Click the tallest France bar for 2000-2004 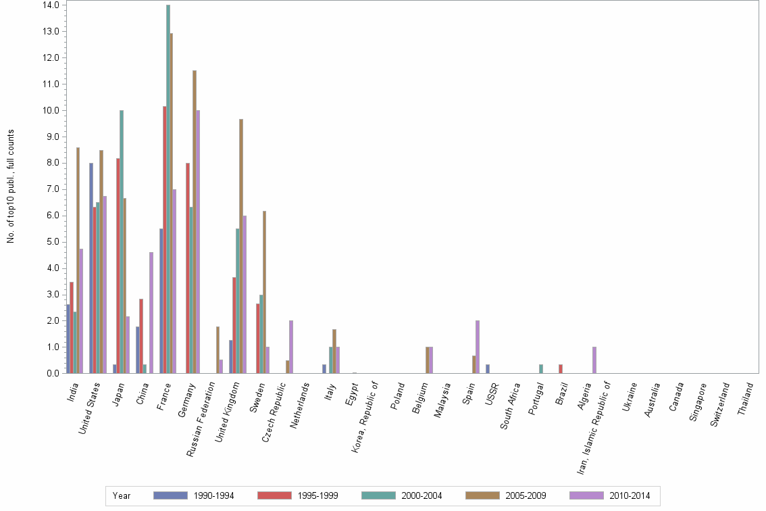(168, 189)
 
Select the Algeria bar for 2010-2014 (594, 360)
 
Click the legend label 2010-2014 (630, 496)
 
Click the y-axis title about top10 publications (11, 186)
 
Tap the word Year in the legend (122, 496)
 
